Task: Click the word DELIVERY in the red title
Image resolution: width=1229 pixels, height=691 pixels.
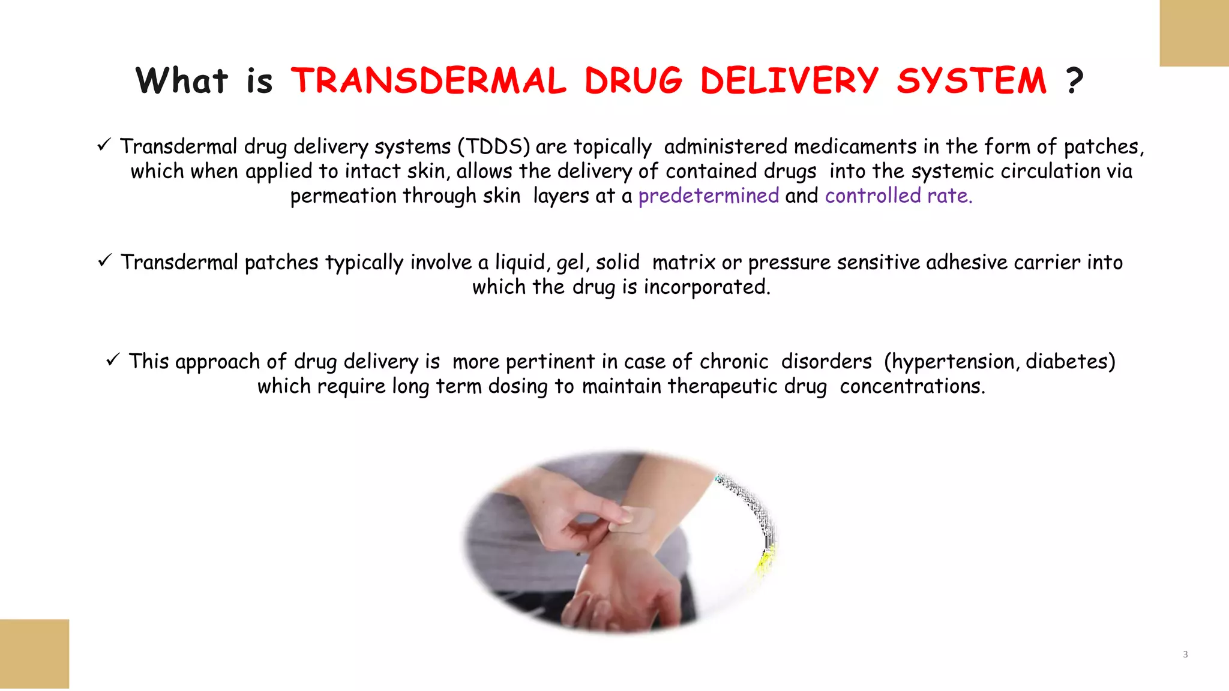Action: [789, 81]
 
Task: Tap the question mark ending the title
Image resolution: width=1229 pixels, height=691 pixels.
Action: [1075, 81]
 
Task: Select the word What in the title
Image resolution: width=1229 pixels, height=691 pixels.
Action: [182, 81]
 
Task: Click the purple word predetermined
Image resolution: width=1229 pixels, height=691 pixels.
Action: [709, 196]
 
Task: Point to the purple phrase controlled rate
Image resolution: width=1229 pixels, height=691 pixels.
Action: [898, 196]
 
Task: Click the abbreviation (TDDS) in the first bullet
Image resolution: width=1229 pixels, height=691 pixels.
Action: [494, 146]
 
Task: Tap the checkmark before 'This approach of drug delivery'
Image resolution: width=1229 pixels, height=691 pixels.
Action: [113, 360]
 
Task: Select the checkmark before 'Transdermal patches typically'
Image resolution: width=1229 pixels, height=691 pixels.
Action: [104, 260]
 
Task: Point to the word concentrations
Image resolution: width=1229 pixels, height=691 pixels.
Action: [912, 386]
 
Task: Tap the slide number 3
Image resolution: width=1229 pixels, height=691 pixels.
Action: [1185, 654]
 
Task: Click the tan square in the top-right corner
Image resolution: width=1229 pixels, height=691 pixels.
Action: [1194, 33]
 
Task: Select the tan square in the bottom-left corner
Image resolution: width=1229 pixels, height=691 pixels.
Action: [34, 654]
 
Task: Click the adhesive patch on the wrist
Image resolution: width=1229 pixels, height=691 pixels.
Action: [633, 519]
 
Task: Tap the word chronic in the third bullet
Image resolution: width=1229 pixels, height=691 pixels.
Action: [734, 362]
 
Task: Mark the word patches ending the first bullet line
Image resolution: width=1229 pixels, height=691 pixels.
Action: [1103, 146]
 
